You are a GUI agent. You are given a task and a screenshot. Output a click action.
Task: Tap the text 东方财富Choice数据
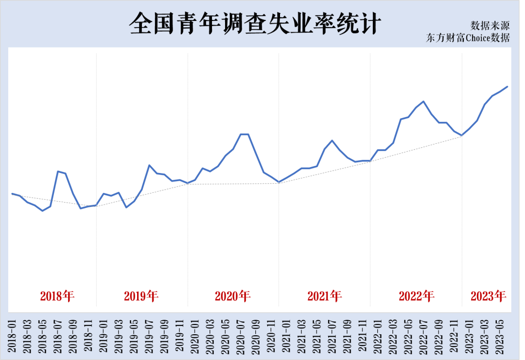point(468,38)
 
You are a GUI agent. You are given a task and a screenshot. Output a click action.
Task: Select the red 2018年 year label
point(57,296)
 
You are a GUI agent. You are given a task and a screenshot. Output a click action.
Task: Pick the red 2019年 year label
point(141,296)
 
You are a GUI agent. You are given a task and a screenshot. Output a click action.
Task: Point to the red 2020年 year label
point(232,296)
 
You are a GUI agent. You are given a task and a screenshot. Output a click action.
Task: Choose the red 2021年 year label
point(324,296)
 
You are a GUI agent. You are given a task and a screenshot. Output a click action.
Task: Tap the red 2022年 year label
point(416,296)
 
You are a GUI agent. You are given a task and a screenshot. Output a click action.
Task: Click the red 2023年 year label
point(488,296)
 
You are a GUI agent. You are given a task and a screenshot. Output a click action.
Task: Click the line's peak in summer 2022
point(424,102)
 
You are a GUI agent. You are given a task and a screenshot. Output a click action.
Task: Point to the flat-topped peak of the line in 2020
point(245,134)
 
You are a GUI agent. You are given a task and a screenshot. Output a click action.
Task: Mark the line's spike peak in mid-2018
point(58,171)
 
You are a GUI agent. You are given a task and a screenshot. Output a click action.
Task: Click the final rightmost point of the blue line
point(507,86)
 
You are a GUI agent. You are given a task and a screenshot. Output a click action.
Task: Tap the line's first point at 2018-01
point(12,193)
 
